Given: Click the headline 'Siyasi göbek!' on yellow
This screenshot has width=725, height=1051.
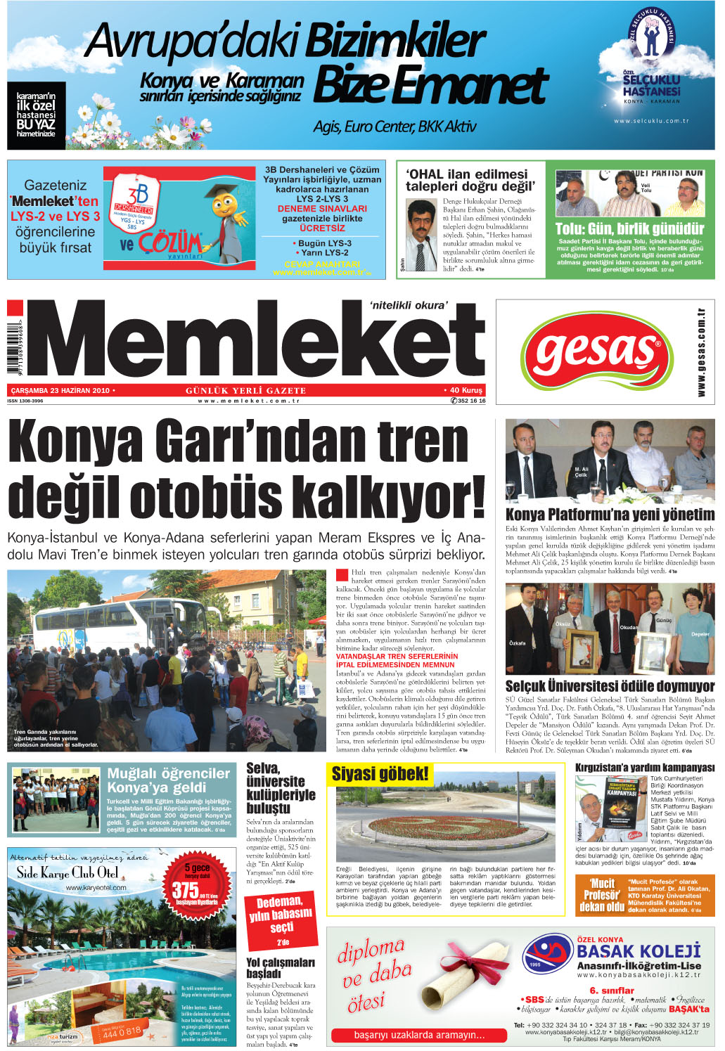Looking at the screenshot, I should tap(380, 775).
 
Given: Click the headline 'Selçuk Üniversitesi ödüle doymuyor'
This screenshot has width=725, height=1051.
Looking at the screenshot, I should tap(610, 686).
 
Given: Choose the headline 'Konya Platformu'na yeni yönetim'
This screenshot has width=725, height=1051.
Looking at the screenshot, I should tap(610, 515).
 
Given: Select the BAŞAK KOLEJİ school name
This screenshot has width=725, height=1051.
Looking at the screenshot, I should tap(639, 951).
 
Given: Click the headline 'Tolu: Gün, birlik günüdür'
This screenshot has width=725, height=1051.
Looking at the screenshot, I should tap(629, 229).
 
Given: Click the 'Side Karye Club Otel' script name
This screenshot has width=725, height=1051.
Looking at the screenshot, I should tap(68, 873).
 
